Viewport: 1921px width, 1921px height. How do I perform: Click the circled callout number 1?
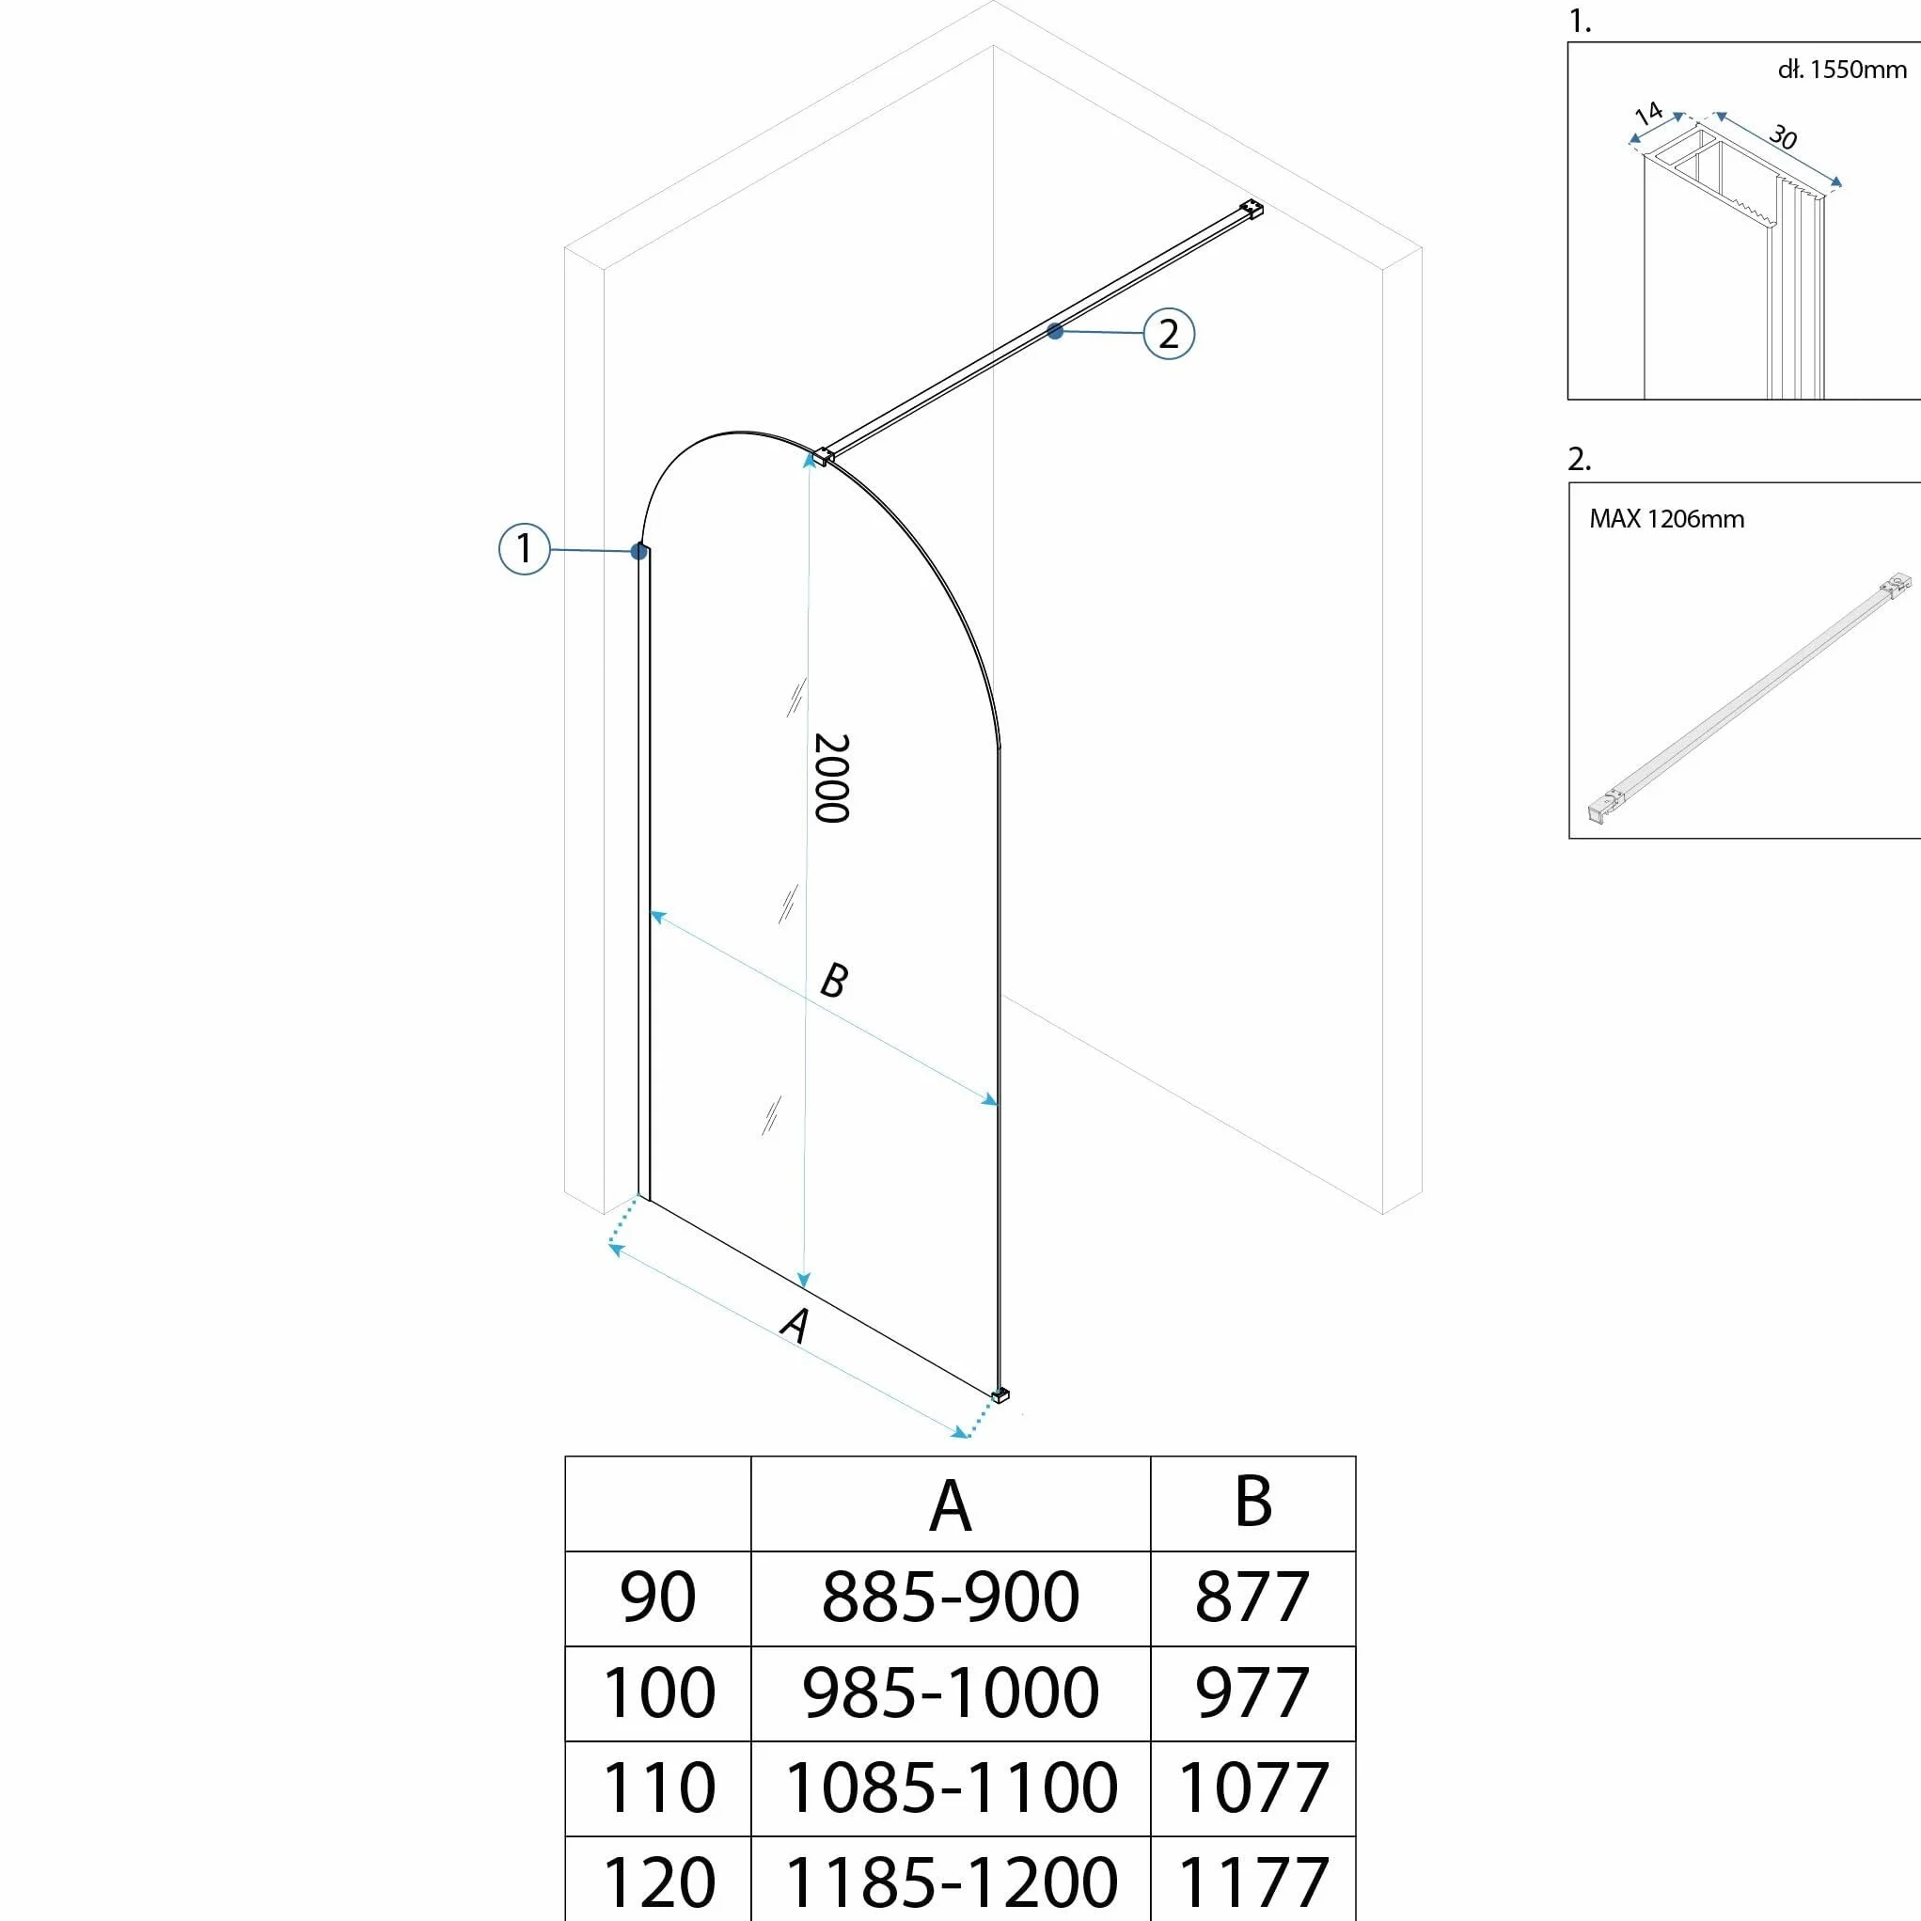524,548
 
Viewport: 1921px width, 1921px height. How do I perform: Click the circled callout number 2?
1169,333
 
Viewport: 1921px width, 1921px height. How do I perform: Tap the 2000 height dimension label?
831,779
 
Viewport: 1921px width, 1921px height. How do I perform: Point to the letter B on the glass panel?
833,981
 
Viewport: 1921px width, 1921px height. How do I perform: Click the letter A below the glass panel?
795,1325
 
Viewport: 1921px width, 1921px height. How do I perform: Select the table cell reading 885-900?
950,1598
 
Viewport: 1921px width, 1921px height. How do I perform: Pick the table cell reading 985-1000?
951,1693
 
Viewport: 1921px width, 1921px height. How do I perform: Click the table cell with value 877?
1252,1598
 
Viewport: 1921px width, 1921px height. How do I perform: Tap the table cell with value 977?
1252,1693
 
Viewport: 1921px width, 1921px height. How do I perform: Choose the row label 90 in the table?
657,1598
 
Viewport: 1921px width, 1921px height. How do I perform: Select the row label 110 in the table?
658,1787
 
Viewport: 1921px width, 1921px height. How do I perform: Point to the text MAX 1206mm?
1666,519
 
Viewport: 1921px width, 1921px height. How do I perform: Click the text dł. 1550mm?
1841,69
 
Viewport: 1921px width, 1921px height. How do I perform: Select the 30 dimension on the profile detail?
1784,137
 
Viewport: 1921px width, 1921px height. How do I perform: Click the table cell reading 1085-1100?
951,1787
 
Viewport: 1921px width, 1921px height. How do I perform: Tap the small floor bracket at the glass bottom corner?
1000,1395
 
